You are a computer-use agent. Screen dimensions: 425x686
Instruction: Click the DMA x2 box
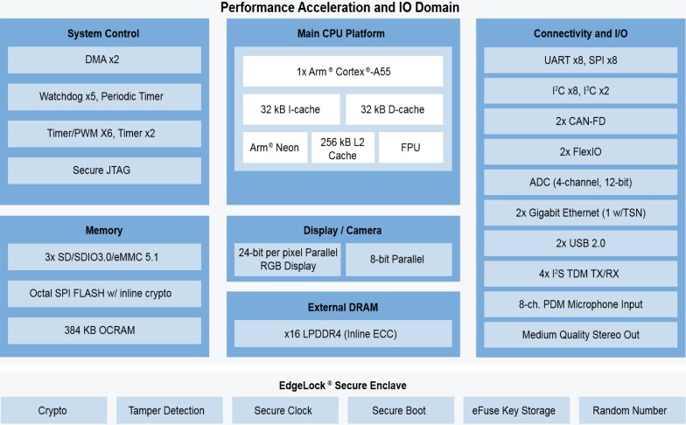[x=104, y=59]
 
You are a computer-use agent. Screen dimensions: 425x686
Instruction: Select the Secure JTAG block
[x=104, y=170]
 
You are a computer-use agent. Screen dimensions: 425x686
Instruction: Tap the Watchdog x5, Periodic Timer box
[x=104, y=96]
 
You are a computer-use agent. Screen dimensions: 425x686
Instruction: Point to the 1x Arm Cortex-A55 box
[x=342, y=71]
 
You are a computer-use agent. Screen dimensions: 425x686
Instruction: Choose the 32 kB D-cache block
[x=393, y=109]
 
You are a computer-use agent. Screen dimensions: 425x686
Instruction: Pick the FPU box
[x=409, y=148]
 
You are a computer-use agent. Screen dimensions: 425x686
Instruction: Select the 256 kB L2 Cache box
[x=342, y=149]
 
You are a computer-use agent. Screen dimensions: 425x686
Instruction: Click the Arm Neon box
[x=275, y=148]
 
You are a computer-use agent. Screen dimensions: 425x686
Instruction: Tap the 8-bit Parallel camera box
[x=398, y=260]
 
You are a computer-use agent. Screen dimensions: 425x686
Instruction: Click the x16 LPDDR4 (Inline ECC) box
[x=342, y=334]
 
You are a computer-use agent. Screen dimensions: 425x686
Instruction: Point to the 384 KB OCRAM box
[x=104, y=331]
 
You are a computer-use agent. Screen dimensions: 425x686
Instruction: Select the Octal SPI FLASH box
[x=104, y=293]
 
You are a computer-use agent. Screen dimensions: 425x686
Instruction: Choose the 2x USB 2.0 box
[x=581, y=242]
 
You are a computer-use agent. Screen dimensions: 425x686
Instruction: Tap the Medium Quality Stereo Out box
[x=581, y=335]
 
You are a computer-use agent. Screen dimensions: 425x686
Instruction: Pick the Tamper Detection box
[x=166, y=410]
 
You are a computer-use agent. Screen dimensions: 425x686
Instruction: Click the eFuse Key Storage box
[x=514, y=410]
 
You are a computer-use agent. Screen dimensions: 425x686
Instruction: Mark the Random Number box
[x=629, y=410]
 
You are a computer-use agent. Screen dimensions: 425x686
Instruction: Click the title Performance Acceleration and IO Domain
[x=339, y=8]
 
